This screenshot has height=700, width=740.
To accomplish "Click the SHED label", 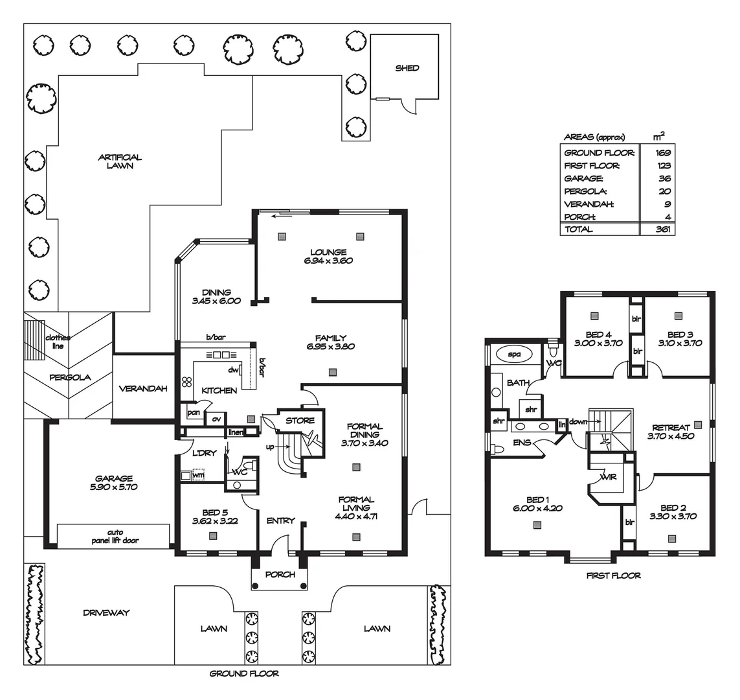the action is pyautogui.click(x=407, y=68).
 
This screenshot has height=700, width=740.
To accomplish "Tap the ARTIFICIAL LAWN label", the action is pyautogui.click(x=120, y=161).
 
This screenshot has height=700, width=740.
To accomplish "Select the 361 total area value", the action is pyautogui.click(x=663, y=229).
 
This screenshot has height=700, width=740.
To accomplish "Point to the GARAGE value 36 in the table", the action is pyautogui.click(x=664, y=178).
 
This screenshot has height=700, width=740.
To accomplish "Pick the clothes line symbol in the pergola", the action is pyautogui.click(x=34, y=340).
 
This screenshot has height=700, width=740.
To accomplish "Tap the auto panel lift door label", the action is pyautogui.click(x=115, y=537).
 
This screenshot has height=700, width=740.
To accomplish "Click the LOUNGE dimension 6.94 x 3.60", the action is pyautogui.click(x=328, y=261).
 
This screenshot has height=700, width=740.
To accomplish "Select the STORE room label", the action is pyautogui.click(x=300, y=421).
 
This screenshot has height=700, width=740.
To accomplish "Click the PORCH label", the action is pyautogui.click(x=280, y=574).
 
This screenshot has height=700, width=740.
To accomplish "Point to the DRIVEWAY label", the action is pyautogui.click(x=106, y=612).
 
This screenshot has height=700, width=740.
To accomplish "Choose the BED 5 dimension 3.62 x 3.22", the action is pyautogui.click(x=215, y=522).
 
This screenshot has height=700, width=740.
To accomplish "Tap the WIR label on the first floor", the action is pyautogui.click(x=608, y=477).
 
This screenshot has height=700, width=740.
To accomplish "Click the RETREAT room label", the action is pyautogui.click(x=671, y=428).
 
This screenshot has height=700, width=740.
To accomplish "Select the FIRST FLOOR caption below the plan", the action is pyautogui.click(x=614, y=576).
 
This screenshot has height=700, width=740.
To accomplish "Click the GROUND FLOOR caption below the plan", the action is pyautogui.click(x=244, y=673).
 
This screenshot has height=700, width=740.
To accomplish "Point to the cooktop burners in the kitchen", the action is pyautogui.click(x=187, y=382).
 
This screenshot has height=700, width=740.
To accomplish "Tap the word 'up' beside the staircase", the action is pyautogui.click(x=270, y=447).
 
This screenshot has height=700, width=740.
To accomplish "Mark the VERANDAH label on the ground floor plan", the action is pyautogui.click(x=143, y=389).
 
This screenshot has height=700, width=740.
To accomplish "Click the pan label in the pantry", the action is pyautogui.click(x=194, y=413).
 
